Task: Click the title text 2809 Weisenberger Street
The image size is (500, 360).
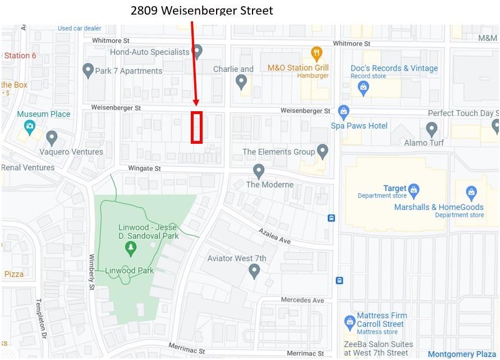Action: [x=201, y=10]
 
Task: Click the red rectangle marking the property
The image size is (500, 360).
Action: [x=196, y=127]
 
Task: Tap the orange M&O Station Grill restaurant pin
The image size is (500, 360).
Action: [x=316, y=54]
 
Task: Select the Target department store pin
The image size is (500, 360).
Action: [x=414, y=189]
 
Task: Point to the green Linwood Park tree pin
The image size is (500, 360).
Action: [x=131, y=248]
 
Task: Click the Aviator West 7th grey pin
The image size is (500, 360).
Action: [x=254, y=272]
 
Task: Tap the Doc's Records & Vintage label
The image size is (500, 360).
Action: [x=394, y=68]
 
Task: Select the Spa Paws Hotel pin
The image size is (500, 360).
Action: [x=343, y=112]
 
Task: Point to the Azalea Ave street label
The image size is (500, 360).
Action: [x=275, y=236]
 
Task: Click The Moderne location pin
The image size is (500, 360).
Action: [x=259, y=171]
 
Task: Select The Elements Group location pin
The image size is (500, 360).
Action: [x=322, y=151]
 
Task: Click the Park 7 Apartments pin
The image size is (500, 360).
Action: [x=88, y=70]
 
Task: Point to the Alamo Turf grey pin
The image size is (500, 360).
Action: [x=432, y=130]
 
